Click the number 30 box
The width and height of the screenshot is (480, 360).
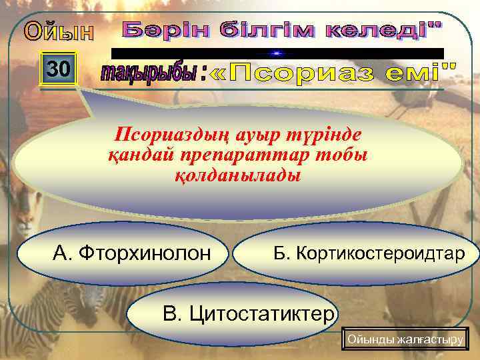[x=59, y=68]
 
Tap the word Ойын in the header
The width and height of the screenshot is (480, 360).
[x=59, y=31]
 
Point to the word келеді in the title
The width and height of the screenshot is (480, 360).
[x=387, y=30]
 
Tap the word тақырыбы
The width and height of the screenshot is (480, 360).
[x=148, y=74]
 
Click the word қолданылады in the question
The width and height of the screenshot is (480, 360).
[x=237, y=177]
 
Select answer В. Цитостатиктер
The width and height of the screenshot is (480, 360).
[x=247, y=313]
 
